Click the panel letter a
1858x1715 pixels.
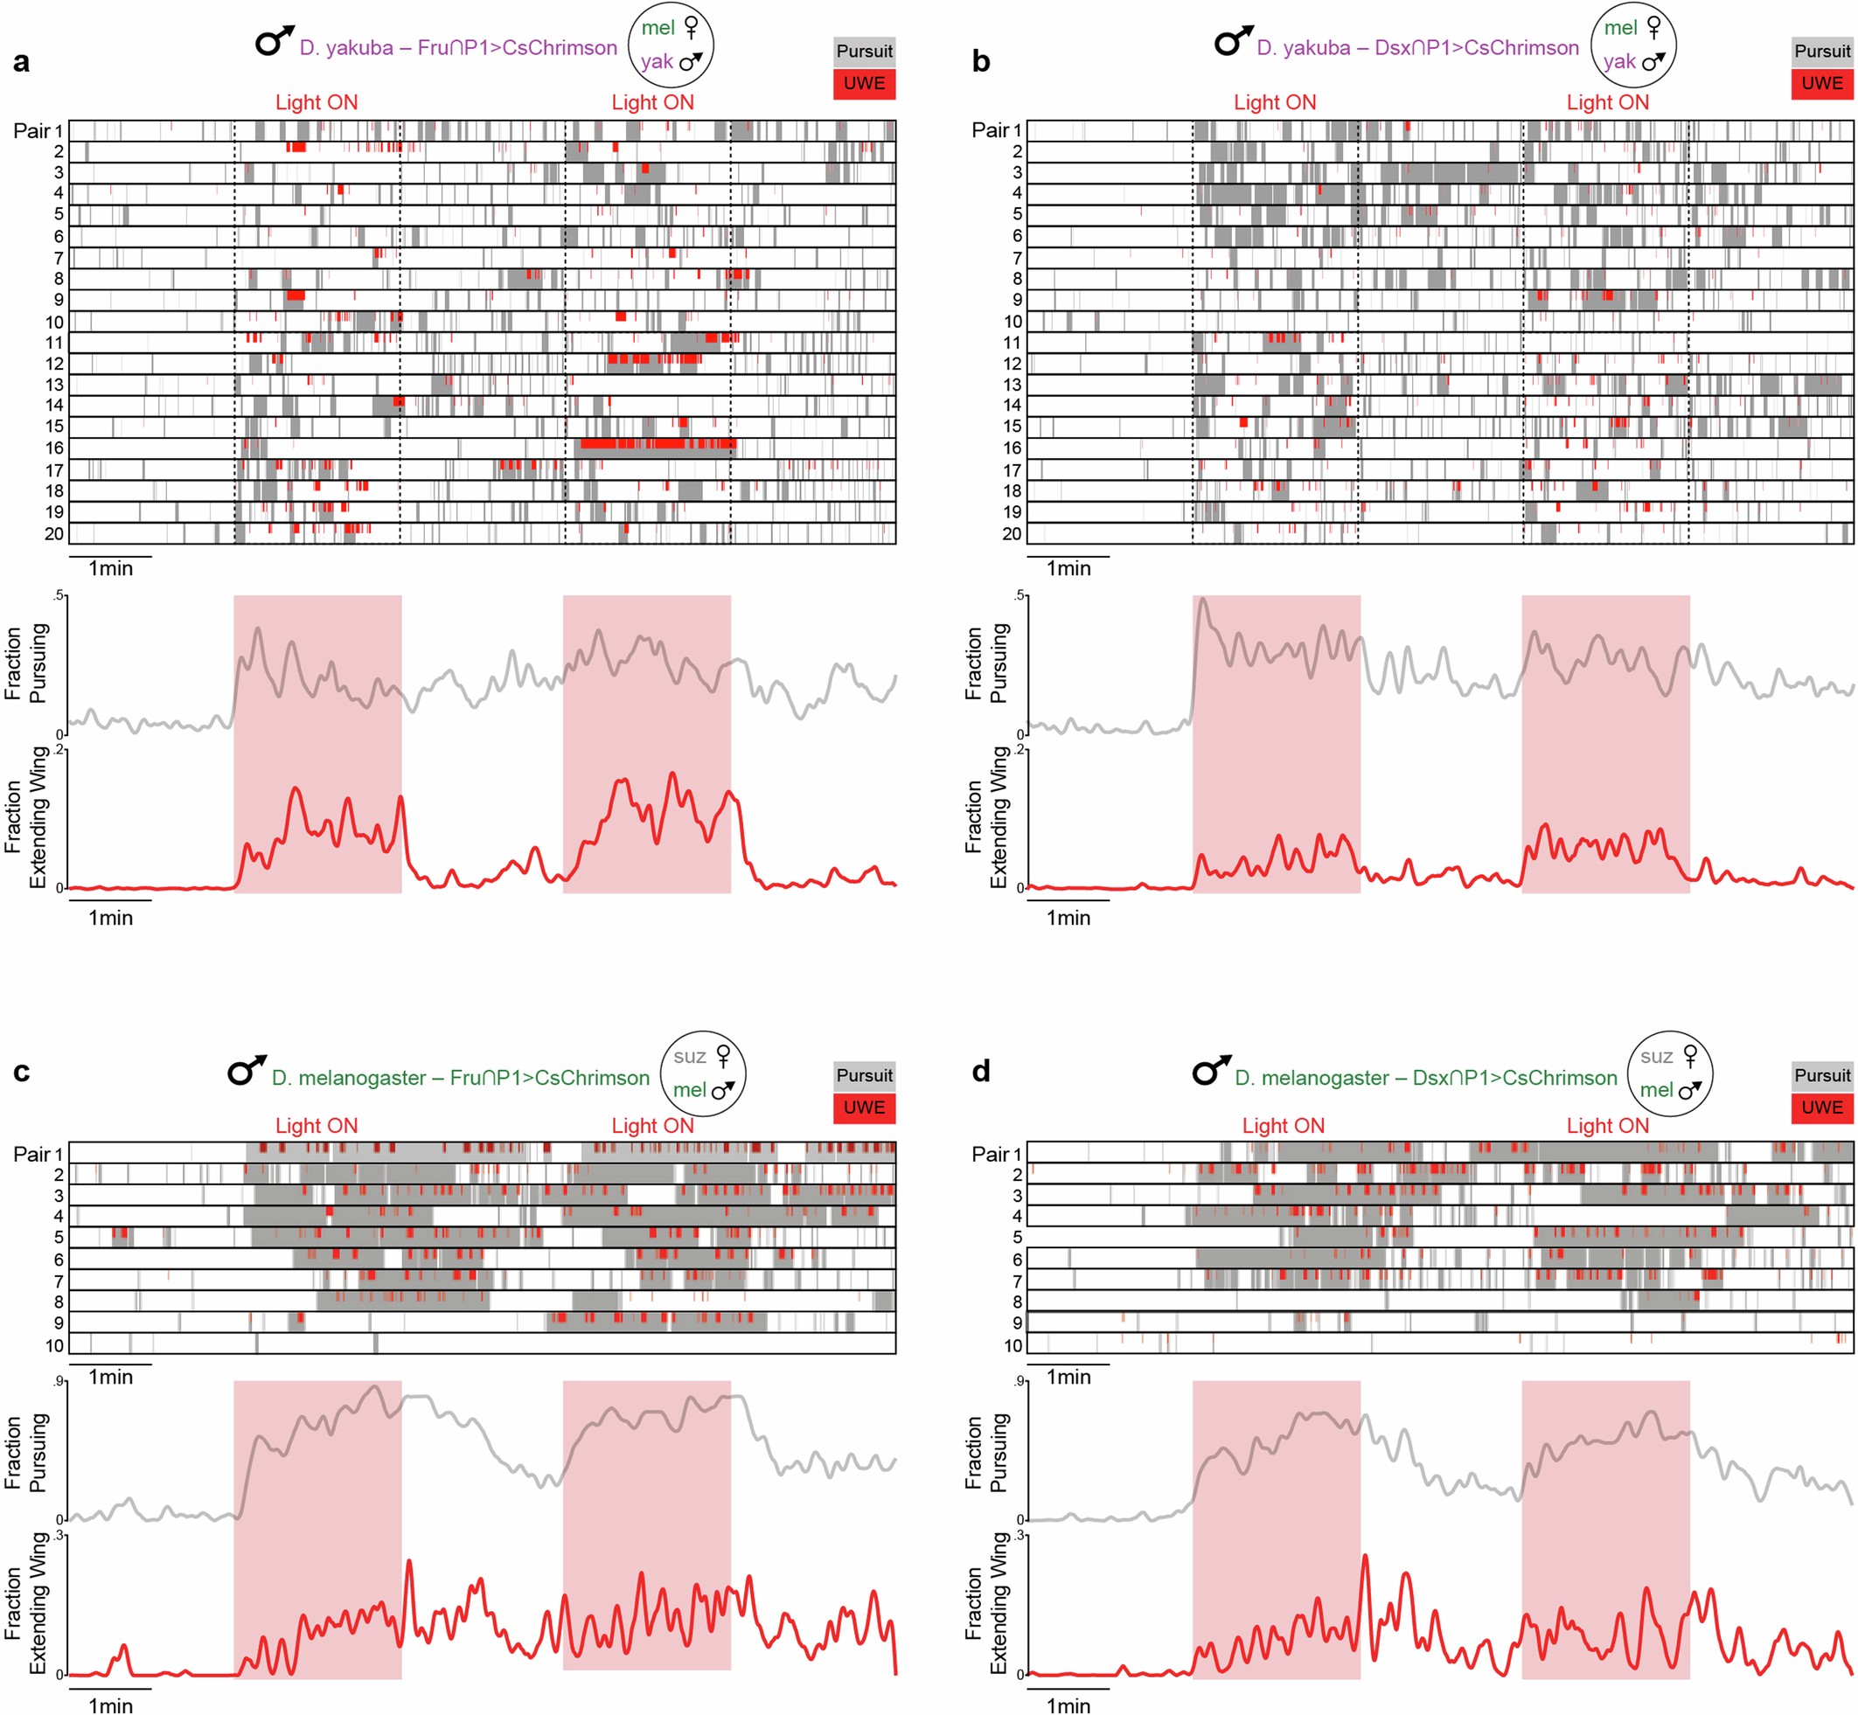[x=21, y=62]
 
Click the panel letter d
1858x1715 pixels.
[x=981, y=1072]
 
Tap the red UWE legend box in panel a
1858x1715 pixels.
[x=864, y=84]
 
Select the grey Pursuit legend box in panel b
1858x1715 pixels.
[x=1822, y=51]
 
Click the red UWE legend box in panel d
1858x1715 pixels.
[x=1822, y=1107]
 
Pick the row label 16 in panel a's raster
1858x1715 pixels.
[x=55, y=448]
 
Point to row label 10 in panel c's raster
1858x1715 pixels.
[x=55, y=1345]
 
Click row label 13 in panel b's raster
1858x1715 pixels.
[x=1012, y=385]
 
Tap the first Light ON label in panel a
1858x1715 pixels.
[x=317, y=102]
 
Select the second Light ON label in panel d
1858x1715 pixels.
[x=1607, y=1126]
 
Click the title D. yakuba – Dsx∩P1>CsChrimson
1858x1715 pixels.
[x=1417, y=48]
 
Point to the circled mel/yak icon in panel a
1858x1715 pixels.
[x=671, y=45]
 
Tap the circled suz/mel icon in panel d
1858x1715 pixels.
[x=1670, y=1073]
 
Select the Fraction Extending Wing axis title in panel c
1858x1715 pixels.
[x=26, y=1603]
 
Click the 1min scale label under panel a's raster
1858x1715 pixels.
[x=110, y=568]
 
